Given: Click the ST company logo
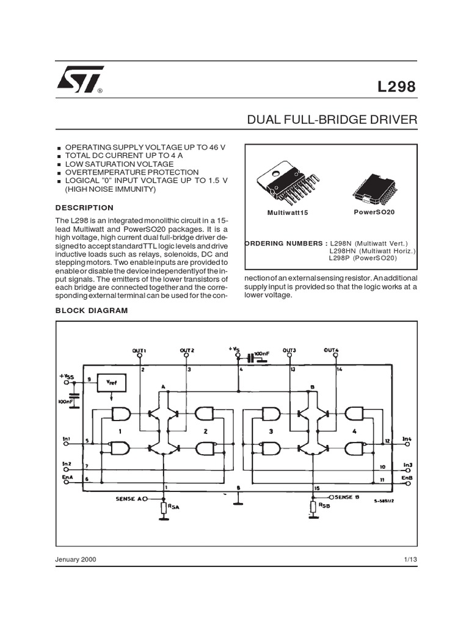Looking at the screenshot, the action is (79, 79).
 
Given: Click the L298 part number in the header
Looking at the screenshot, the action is (396, 87).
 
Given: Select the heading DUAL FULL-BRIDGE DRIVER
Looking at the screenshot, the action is (332, 120).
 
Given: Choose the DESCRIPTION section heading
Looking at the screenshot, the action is (84, 208).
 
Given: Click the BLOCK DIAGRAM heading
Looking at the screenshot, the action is (92, 311).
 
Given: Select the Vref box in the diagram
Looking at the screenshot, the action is (112, 383).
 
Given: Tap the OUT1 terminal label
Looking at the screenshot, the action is (139, 350).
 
